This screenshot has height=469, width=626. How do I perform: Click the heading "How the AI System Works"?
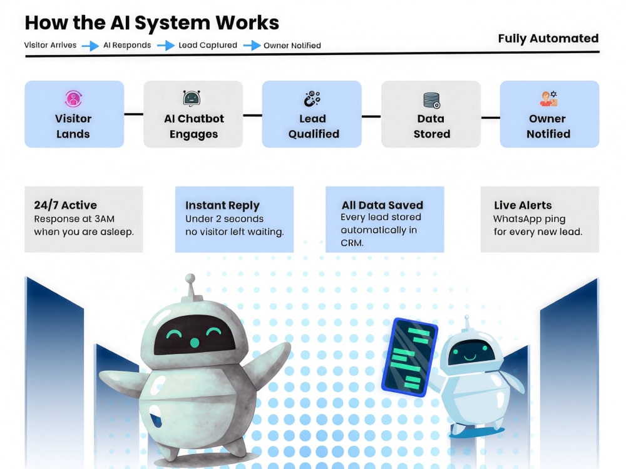[151, 23]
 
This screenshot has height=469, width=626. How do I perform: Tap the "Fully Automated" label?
[548, 38]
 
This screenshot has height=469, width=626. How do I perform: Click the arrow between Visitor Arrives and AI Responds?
[90, 46]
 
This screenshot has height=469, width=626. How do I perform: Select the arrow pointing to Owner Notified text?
[252, 46]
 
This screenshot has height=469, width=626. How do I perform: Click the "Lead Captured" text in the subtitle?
[208, 45]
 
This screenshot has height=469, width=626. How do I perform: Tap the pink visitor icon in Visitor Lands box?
[73, 99]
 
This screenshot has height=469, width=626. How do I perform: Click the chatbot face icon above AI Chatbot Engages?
[192, 98]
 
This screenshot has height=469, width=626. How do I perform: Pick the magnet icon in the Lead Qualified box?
[312, 99]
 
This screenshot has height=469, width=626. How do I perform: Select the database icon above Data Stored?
[431, 100]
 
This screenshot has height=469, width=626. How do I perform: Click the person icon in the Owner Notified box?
[549, 99]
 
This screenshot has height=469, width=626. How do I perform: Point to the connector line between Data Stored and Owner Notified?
[490, 118]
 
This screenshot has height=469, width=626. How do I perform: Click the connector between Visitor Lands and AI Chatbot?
[134, 114]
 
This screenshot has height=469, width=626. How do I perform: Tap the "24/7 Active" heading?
[66, 205]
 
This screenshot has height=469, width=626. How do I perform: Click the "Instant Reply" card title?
[222, 205]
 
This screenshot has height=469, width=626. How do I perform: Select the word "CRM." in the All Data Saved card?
[352, 243]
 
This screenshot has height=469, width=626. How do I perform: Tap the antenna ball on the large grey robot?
[190, 278]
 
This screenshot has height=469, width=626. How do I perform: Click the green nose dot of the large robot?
[195, 342]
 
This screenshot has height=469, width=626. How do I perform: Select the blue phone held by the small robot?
[410, 357]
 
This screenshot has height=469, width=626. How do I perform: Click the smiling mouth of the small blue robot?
[469, 356]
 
